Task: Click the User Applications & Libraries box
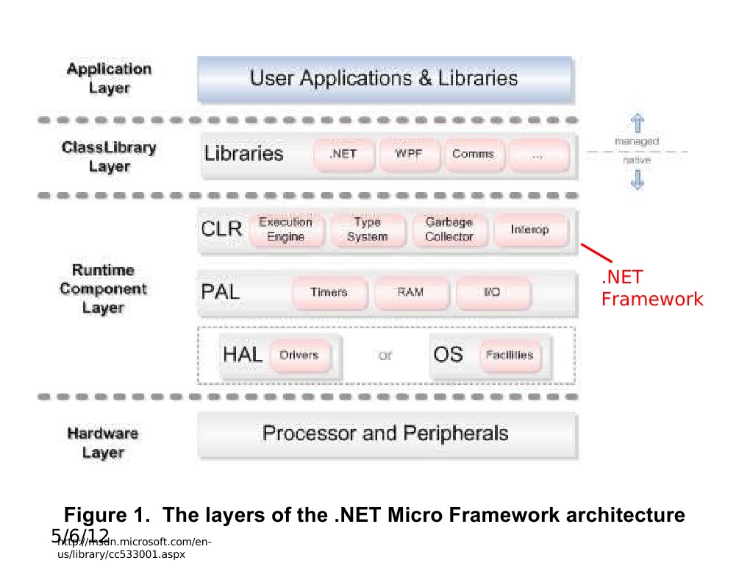(385, 79)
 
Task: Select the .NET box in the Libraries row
(343, 155)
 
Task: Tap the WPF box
(408, 155)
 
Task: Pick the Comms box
(473, 155)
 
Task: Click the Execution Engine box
(286, 230)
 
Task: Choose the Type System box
(367, 230)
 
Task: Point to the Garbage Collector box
(449, 230)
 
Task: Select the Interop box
(530, 230)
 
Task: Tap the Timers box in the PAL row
(329, 292)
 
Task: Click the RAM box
(410, 292)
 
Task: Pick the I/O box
(492, 292)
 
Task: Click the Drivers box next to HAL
(299, 355)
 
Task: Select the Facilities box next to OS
(510, 355)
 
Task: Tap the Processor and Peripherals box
(385, 433)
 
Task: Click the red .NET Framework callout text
(651, 288)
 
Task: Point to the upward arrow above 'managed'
(637, 123)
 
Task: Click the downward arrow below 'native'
(637, 179)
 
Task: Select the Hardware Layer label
(103, 443)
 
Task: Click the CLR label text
(221, 229)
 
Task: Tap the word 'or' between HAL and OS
(385, 356)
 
